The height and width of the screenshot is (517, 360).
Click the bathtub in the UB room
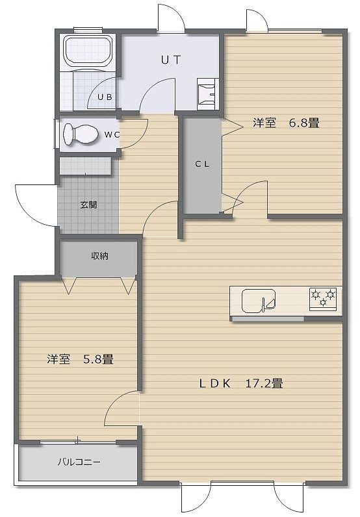88,51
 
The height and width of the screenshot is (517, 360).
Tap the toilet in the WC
81,134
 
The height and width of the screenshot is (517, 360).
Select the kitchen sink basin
259,300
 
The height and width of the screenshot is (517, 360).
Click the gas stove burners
323,297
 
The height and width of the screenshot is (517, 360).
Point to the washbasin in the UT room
206,94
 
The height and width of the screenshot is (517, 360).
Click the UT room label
171,60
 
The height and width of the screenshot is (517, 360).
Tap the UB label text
105,97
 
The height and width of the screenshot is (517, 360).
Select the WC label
112,135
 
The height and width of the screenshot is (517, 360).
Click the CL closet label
202,164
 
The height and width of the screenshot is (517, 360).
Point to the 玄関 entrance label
89,205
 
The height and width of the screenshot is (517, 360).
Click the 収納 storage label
99,256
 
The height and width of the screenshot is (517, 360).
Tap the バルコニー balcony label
79,462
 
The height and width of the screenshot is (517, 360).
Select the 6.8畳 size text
304,123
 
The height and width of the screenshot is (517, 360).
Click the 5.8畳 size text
98,359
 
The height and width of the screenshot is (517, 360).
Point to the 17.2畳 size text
264,383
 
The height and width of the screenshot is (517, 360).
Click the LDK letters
215,384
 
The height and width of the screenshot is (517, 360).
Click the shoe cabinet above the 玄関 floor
86,166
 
